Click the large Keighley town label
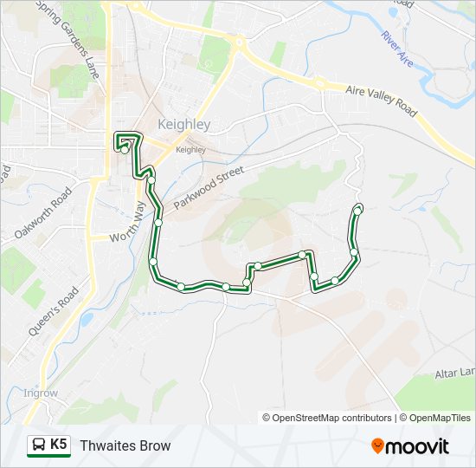click(x=183, y=125)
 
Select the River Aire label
click(x=397, y=49)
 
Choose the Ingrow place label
click(x=41, y=393)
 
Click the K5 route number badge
click(x=48, y=445)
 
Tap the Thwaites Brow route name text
click(x=125, y=445)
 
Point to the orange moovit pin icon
click(x=378, y=445)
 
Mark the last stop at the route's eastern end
click(x=358, y=208)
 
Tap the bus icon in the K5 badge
click(x=38, y=445)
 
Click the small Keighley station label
click(x=190, y=149)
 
